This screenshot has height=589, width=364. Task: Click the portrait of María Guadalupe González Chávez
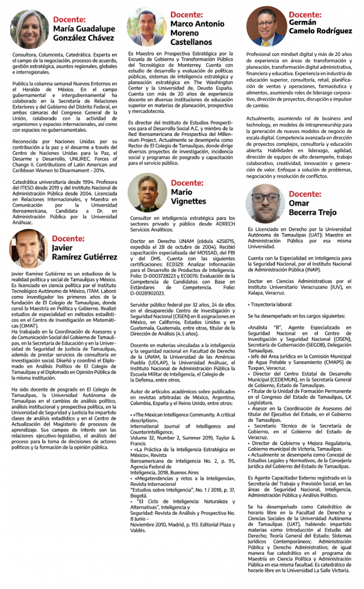click(x=29, y=29)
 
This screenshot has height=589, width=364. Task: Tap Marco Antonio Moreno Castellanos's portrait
click(x=146, y=27)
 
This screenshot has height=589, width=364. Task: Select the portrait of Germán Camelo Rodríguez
click(x=266, y=26)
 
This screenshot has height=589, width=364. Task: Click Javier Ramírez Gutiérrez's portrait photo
click(x=29, y=248)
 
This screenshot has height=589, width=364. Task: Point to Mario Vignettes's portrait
click(x=147, y=192)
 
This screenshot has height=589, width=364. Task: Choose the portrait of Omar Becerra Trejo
click(x=265, y=204)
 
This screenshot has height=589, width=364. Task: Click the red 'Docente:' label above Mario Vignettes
click(x=189, y=183)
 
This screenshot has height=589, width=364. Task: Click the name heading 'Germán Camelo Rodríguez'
click(x=320, y=27)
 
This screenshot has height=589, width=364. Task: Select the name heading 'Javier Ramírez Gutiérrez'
click(x=84, y=252)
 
